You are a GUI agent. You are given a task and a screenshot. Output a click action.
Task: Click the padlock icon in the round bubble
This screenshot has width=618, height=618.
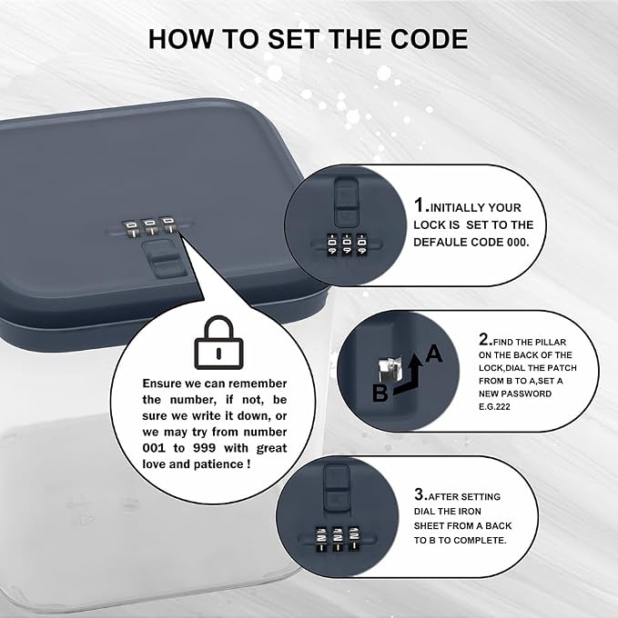219,343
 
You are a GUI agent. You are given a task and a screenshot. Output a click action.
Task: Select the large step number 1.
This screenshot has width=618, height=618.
421,205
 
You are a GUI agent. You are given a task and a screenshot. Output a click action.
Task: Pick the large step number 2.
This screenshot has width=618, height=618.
485,339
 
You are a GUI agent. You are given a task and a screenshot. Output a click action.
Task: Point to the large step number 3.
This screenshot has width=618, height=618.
420,493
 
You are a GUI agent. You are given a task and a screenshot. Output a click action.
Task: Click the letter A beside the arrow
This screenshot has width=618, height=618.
434,354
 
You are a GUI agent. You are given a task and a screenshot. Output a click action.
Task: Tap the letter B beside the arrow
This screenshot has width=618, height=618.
380,393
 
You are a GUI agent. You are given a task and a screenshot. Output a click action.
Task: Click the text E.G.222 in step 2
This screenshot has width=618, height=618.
494,407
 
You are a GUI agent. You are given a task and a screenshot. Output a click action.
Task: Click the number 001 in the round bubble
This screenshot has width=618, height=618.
154,448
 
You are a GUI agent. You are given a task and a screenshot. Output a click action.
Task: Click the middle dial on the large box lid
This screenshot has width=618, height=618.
150,227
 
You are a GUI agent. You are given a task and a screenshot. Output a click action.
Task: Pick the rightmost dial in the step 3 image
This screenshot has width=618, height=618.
354,538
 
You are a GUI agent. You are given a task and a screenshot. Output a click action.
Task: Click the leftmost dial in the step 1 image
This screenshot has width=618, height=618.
332,244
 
